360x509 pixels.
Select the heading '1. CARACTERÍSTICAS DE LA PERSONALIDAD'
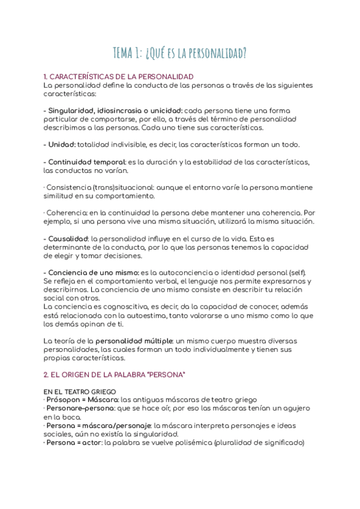click(x=118, y=77)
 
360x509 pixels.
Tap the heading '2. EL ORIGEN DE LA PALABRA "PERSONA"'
click(x=115, y=375)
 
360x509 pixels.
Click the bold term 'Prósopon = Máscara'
click(x=80, y=400)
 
